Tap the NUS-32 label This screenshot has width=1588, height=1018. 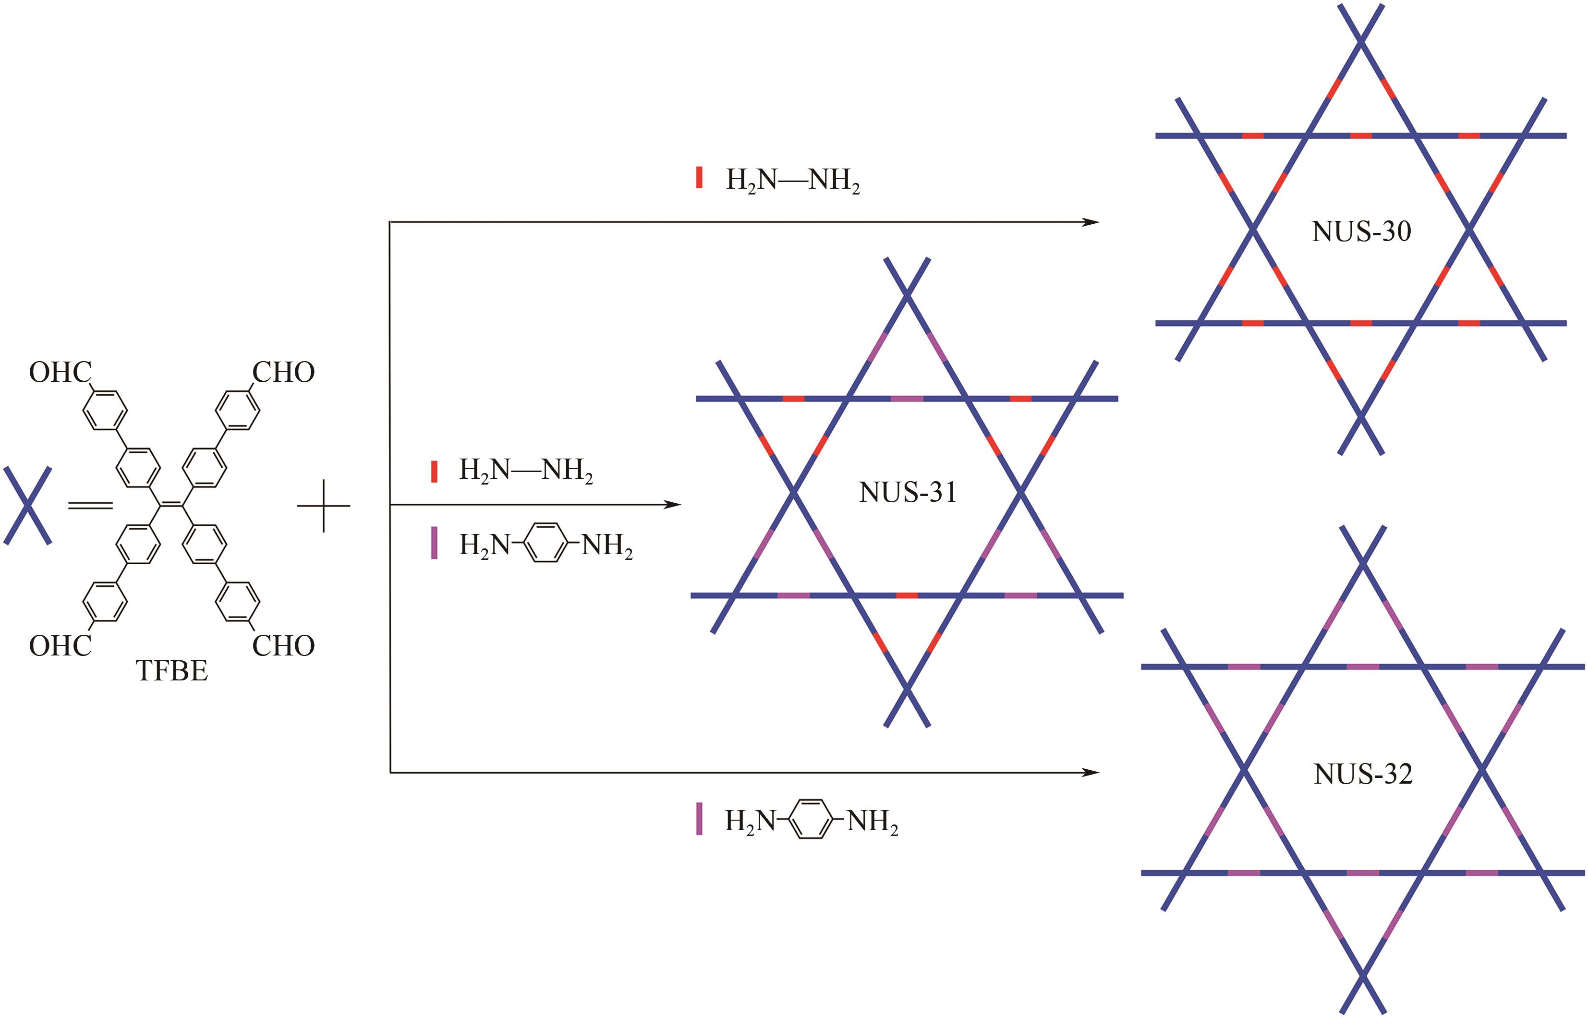1363,774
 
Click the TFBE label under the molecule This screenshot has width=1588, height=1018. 172,671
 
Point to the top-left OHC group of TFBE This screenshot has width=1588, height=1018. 60,373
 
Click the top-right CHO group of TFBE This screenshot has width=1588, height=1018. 283,373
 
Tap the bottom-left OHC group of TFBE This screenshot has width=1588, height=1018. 60,646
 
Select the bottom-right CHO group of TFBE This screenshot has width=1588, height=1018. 283,646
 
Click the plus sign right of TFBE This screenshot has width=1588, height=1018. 323,506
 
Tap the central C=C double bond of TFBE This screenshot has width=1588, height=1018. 171,506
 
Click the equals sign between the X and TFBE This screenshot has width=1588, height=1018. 91,506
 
